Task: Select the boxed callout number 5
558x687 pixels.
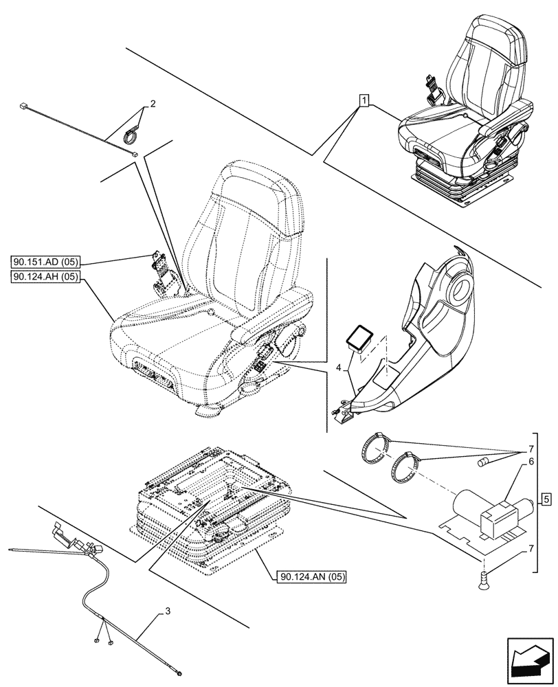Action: [545, 498]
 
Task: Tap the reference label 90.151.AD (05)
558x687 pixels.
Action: [46, 262]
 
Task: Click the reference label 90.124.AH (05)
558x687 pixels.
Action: [46, 277]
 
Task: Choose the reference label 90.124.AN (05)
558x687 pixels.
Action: [312, 576]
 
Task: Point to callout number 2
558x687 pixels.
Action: [153, 104]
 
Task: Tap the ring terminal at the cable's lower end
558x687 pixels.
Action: [179, 675]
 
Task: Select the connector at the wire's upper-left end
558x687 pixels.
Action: [25, 106]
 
